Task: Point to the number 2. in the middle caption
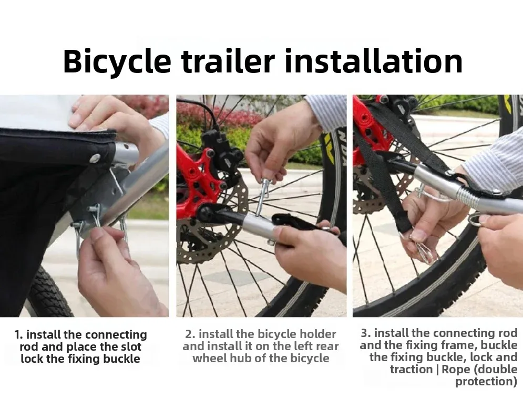point(190,334)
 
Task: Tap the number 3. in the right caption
point(366,333)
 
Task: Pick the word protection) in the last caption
point(486,381)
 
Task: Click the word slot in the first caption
point(129,347)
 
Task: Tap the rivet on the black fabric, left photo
point(95,158)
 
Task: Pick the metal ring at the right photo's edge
point(476,219)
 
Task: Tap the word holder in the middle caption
point(318,334)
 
